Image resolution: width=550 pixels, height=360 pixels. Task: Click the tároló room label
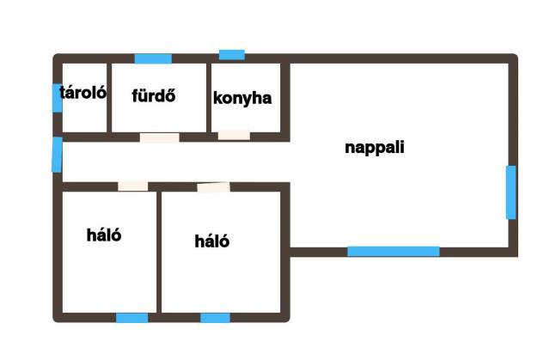click(x=82, y=94)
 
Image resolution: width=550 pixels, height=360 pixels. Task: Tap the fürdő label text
click(x=154, y=95)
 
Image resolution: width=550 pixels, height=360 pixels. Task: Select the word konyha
click(x=242, y=98)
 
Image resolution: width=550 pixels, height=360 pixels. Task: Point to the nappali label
click(x=374, y=147)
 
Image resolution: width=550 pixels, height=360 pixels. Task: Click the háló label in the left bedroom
click(x=104, y=235)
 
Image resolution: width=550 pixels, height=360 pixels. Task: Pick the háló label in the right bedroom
click(x=212, y=241)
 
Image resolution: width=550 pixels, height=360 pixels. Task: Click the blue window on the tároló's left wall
click(x=57, y=98)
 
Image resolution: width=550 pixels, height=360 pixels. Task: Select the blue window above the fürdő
click(x=153, y=58)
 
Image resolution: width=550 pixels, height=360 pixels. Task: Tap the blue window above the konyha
click(x=232, y=55)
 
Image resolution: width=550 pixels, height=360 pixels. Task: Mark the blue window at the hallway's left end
click(x=57, y=155)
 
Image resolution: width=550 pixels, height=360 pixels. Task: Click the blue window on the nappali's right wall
click(x=511, y=192)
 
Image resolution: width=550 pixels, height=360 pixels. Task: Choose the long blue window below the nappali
click(x=393, y=252)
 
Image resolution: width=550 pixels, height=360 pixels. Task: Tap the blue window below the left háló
click(x=131, y=318)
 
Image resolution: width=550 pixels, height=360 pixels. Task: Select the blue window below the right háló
click(x=215, y=318)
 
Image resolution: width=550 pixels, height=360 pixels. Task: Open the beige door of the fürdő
click(x=160, y=137)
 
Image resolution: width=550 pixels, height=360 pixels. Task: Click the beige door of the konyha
click(x=234, y=135)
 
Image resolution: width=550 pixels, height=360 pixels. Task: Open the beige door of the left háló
click(x=132, y=186)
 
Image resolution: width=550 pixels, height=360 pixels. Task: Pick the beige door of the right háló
click(x=213, y=186)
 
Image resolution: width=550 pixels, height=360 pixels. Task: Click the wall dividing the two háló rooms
click(x=159, y=251)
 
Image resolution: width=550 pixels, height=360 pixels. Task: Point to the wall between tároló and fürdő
click(x=108, y=97)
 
